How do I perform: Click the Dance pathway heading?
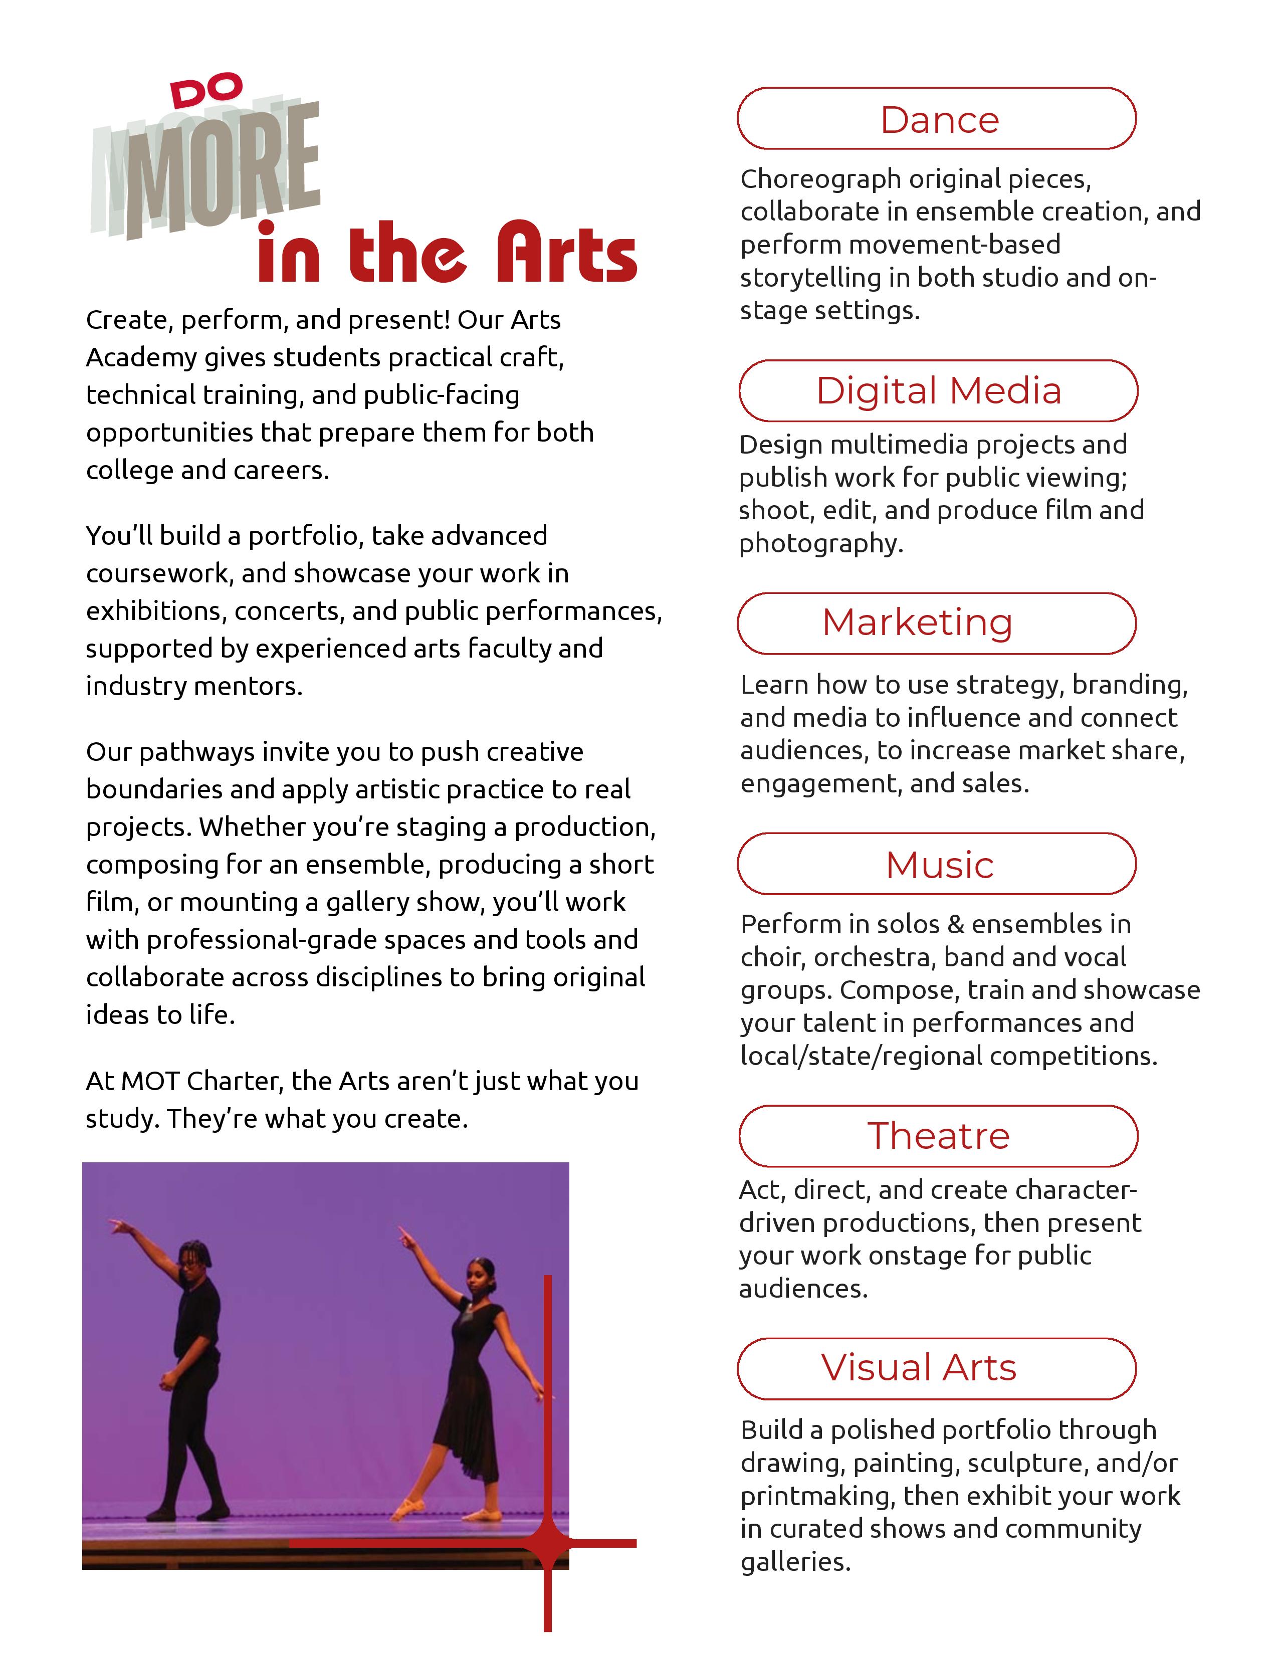point(939,120)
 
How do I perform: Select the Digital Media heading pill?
point(938,391)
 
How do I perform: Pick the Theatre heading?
point(938,1135)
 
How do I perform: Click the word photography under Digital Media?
point(821,544)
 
